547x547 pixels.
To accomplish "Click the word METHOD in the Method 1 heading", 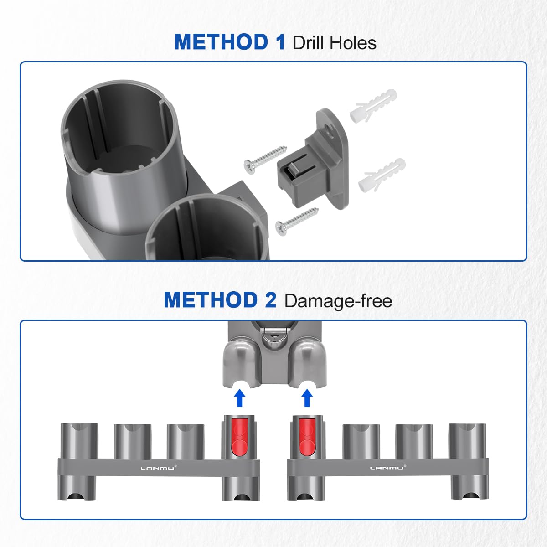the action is tap(221, 42).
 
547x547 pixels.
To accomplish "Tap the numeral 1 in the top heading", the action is tap(279, 42).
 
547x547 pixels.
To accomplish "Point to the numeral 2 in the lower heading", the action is tap(270, 300).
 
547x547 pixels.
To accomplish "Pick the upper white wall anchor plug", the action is tap(373, 105).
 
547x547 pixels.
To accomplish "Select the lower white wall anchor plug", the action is tap(382, 175).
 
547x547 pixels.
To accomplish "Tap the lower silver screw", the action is tap(297, 222).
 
